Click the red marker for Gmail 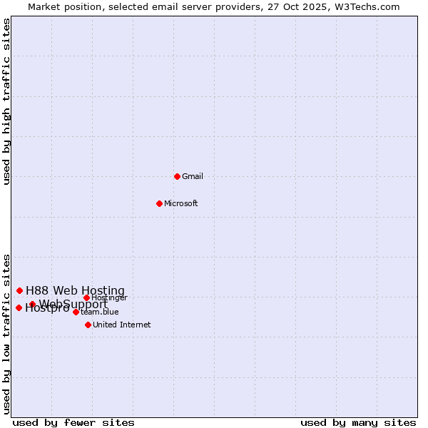(177, 176)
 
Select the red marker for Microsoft (159, 203)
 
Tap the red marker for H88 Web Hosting (19, 290)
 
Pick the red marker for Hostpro (19, 307)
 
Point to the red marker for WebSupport (32, 304)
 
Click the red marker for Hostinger (86, 297)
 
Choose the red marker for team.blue (76, 312)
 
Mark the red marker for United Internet (88, 325)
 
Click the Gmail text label (193, 176)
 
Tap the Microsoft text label (181, 203)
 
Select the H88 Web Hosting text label (75, 290)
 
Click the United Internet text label (122, 325)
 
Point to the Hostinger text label (110, 297)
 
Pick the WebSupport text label (73, 305)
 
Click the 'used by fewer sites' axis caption (73, 422)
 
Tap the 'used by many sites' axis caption (358, 422)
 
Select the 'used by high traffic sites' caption (7, 101)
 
